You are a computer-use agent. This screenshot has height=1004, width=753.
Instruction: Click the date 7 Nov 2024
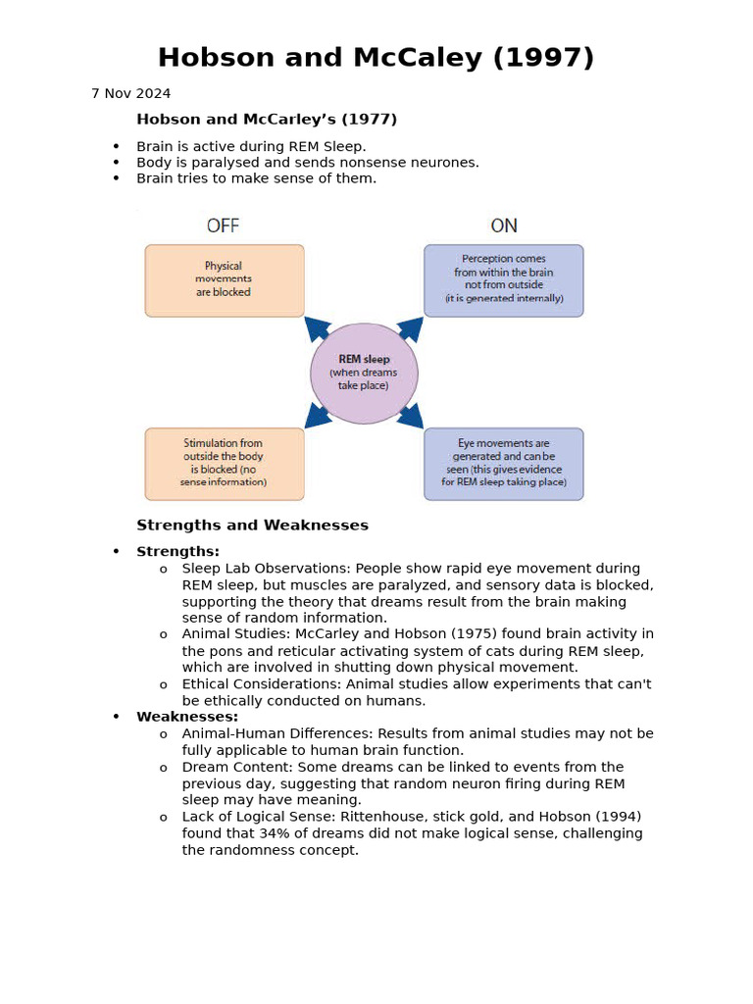(x=130, y=94)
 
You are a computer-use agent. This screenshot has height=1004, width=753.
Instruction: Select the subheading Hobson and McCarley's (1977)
(x=267, y=120)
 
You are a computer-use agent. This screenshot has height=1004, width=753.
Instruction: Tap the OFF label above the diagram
(x=223, y=226)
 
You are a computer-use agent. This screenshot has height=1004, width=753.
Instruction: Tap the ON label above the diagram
(x=504, y=226)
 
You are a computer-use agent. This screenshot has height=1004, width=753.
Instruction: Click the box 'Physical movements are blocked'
(x=225, y=280)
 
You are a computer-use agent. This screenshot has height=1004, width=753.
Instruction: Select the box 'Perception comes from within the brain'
(x=503, y=280)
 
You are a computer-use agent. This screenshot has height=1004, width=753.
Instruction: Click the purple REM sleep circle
(x=364, y=374)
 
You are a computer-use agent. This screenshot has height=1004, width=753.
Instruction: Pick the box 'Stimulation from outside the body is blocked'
(x=225, y=464)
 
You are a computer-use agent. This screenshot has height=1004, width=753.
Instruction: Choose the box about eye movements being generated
(x=503, y=464)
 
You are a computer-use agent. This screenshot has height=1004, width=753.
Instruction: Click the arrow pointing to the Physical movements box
(x=317, y=328)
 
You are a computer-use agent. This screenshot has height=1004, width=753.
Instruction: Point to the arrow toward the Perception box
(x=411, y=328)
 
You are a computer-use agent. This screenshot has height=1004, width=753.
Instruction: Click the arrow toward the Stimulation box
(x=317, y=417)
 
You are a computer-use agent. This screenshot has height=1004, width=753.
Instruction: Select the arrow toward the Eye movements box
(x=411, y=417)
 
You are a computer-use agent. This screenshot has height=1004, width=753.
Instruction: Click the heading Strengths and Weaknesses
(x=252, y=526)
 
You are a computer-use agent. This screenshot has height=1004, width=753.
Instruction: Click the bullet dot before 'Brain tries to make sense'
(x=116, y=178)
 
